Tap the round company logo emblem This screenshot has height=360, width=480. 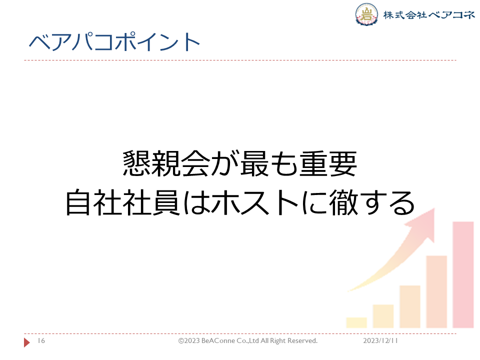pyautogui.click(x=366, y=14)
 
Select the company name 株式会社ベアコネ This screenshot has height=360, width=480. pyautogui.click(x=429, y=14)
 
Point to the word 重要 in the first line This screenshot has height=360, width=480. pyautogui.click(x=328, y=163)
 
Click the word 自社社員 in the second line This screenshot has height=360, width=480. pyautogui.click(x=122, y=202)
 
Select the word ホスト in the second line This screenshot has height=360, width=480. pyautogui.click(x=255, y=202)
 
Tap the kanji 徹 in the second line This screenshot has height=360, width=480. pyautogui.click(x=343, y=202)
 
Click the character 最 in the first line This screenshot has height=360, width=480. pyautogui.click(x=254, y=163)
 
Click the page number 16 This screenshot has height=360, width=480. pyautogui.click(x=41, y=340)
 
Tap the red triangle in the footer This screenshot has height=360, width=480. pyautogui.click(x=27, y=342)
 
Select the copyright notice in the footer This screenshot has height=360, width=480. pyautogui.click(x=248, y=340)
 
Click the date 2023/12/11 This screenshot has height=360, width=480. pyautogui.click(x=380, y=340)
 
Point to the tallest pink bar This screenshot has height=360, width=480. pyautogui.click(x=463, y=275)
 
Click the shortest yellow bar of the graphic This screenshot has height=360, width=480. pyautogui.click(x=356, y=322)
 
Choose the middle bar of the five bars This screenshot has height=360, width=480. pyautogui.click(x=410, y=306)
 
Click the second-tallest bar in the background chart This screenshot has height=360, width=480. pyautogui.click(x=436, y=292)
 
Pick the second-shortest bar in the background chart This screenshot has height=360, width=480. pyautogui.click(x=383, y=316)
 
